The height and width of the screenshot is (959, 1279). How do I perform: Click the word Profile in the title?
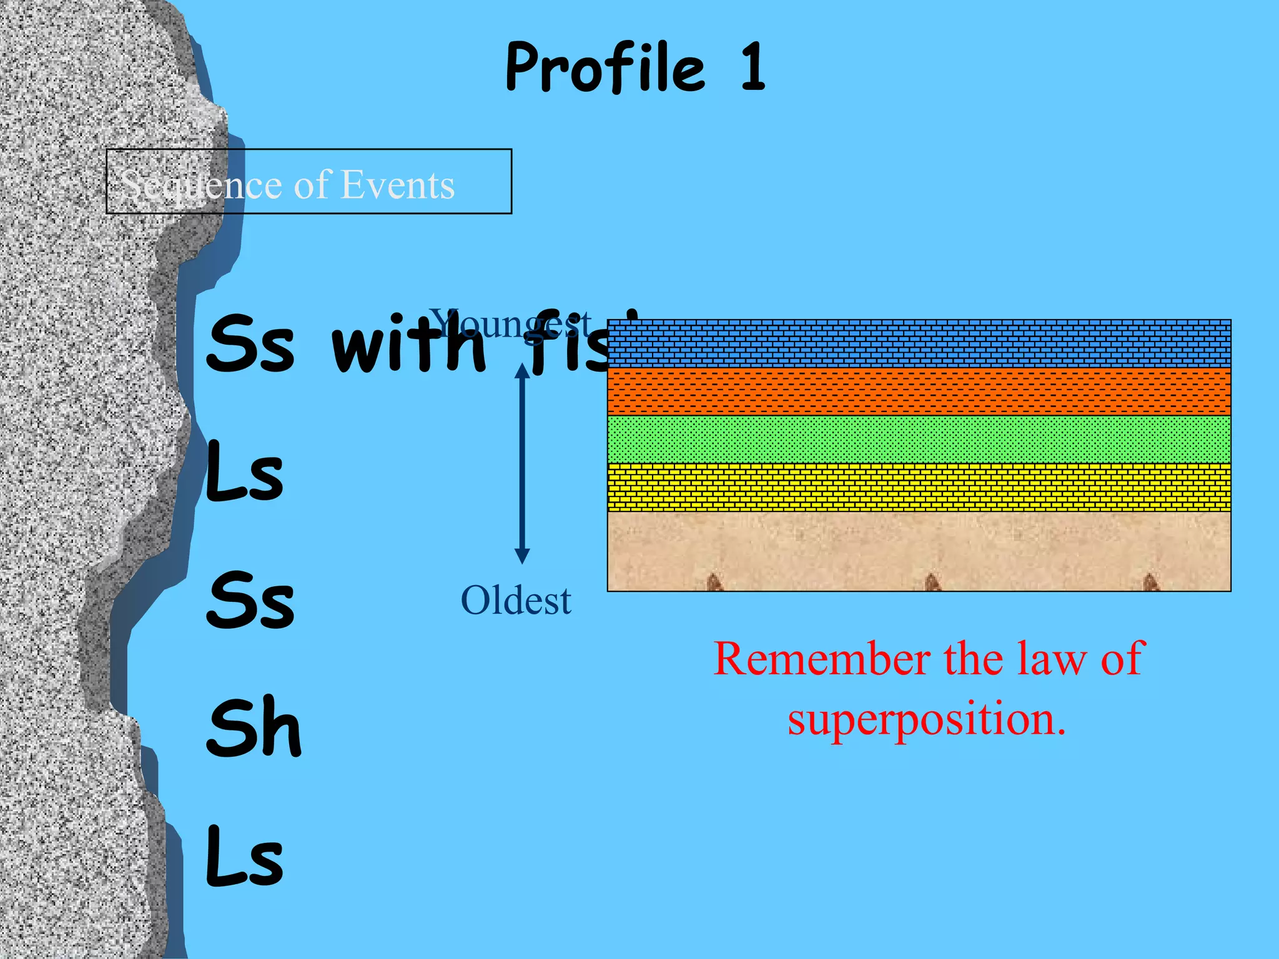coord(605,67)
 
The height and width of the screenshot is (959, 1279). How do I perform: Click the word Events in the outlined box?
coord(397,185)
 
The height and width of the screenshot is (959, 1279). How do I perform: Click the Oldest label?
coord(516,601)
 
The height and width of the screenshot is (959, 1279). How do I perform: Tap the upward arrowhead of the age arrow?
coord(522,371)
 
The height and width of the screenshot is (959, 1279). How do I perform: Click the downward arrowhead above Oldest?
coord(522,556)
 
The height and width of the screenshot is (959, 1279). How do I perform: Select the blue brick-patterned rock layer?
coord(919,343)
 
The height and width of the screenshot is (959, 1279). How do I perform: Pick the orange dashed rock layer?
coord(919,391)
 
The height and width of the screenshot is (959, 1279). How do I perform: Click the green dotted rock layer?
coord(919,440)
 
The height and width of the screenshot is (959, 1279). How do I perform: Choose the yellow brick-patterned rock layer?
coord(919,487)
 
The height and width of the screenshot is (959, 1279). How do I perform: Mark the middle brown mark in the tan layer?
coord(932,582)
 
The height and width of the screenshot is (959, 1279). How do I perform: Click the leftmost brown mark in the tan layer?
coord(714,582)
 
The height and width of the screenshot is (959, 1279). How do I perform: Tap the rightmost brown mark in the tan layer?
coord(1150,582)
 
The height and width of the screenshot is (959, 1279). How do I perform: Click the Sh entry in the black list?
coord(254,727)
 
